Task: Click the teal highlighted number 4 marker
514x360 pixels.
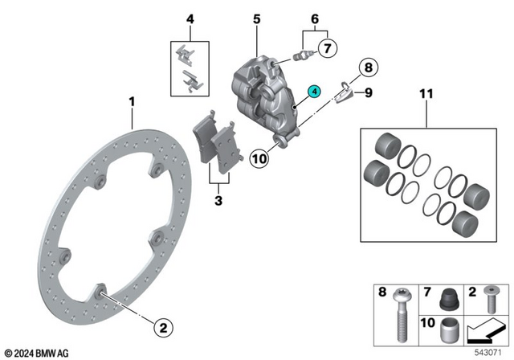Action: [315, 92]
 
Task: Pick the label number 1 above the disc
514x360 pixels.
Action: [132, 102]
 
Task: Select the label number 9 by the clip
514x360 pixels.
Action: [368, 92]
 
